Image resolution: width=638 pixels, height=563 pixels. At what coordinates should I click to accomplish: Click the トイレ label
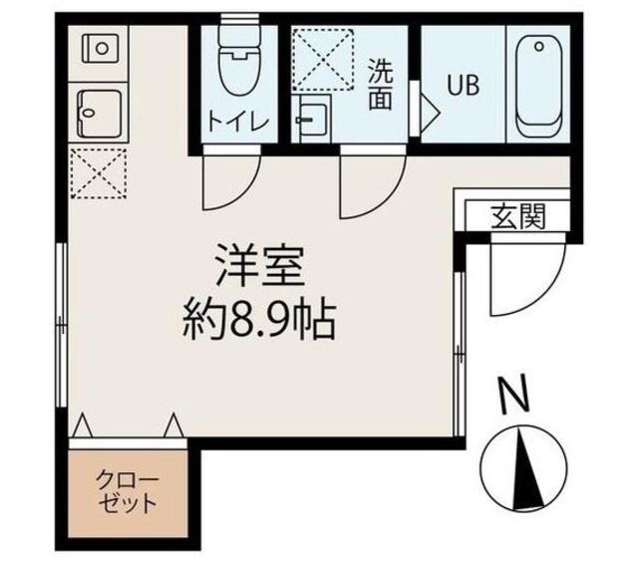(239, 122)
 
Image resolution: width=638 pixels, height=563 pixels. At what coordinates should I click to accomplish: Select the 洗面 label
(381, 86)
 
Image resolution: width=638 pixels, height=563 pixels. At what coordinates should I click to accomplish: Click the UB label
(463, 86)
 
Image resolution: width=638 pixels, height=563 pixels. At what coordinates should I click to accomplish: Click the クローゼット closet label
(127, 492)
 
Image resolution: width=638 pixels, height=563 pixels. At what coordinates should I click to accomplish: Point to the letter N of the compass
(514, 396)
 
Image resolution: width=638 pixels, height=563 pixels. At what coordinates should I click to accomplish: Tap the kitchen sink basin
(101, 114)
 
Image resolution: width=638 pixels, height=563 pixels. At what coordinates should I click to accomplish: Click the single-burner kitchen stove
(101, 49)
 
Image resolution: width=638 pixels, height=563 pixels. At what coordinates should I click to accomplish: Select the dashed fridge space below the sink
(99, 173)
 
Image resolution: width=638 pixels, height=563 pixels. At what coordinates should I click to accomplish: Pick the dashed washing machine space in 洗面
(323, 60)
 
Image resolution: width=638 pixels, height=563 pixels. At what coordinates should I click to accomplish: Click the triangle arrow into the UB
(430, 113)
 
